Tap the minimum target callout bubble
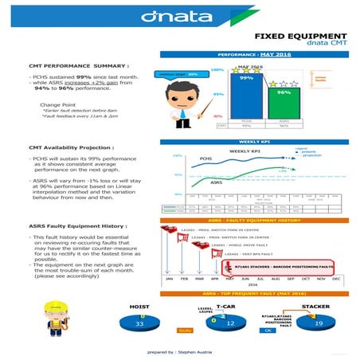[179, 72]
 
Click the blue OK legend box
[268, 330]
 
